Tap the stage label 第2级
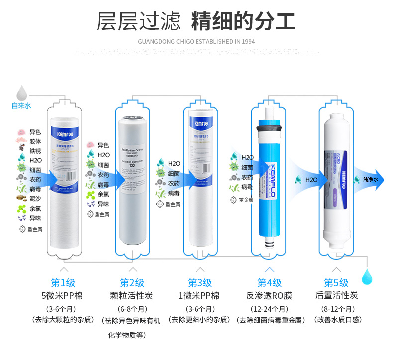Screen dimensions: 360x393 [132, 282]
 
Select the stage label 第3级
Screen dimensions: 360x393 [199, 282]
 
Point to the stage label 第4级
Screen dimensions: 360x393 [269, 282]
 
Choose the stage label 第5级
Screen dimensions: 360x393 [336, 282]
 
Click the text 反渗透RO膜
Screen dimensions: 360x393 [269, 295]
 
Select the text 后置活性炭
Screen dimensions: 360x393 [336, 295]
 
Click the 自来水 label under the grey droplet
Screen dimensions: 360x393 [21, 105]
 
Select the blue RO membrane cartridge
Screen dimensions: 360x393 [269, 174]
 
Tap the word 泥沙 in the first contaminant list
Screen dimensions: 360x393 [35, 198]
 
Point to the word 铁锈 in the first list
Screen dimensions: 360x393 [35, 151]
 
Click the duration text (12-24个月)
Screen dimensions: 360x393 [269, 309]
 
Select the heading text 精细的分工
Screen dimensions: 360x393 [244, 22]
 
